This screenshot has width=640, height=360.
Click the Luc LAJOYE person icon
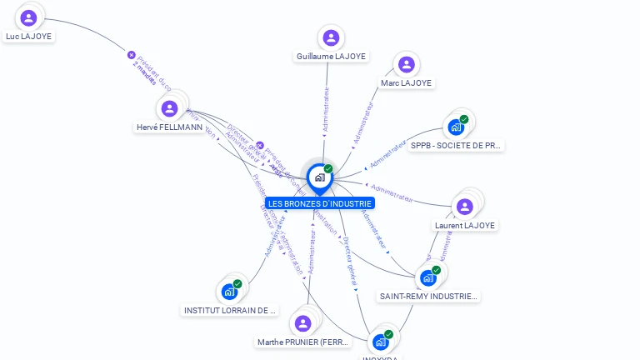point(29,17)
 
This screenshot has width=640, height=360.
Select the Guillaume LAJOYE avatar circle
point(331,37)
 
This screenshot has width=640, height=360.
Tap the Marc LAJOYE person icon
point(406,64)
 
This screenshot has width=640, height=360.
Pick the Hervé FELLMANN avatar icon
point(170,108)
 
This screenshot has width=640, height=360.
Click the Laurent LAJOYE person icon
point(464,206)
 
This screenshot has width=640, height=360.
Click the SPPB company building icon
point(456,127)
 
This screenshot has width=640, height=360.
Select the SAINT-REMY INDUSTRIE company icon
point(428,277)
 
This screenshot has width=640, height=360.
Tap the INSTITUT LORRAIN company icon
point(229,292)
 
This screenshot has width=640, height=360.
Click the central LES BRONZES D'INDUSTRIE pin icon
point(319,177)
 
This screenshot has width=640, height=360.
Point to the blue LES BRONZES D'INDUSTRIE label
point(319,203)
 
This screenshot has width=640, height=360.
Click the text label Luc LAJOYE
point(29,37)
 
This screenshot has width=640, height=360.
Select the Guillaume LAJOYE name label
point(331,57)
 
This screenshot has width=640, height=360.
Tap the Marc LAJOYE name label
point(406,83)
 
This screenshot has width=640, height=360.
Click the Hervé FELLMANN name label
point(170,127)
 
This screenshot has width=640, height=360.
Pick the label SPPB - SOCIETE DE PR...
point(456,145)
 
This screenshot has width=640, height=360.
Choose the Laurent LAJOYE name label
point(465,225)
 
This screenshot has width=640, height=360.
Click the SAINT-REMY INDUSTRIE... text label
point(428,296)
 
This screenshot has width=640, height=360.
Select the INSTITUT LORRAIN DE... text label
point(229,310)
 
